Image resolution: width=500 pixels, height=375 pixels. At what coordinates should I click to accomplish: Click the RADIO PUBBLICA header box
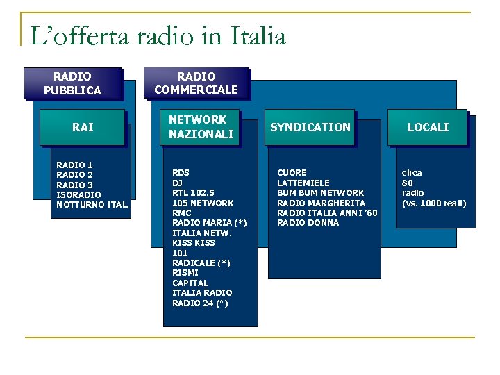coord(72,83)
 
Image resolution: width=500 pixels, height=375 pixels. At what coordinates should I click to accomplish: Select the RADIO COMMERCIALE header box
coord(196,83)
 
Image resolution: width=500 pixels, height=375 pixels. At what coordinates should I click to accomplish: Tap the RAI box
coord(83,127)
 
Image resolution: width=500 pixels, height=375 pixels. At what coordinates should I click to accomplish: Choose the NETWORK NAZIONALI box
coord(201,127)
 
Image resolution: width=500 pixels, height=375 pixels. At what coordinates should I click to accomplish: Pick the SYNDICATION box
coord(310,127)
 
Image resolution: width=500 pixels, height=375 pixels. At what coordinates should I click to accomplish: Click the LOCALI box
coord(428,127)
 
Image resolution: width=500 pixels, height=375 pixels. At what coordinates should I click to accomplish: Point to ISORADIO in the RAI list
coord(78,194)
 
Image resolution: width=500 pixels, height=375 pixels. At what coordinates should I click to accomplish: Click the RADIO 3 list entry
coord(74,185)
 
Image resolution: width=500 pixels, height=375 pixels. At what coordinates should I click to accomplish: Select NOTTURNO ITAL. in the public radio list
coord(92,205)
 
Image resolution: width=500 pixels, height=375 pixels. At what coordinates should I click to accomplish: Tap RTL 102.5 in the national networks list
coord(193,192)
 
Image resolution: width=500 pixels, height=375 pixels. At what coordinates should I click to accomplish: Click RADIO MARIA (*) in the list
coord(209,222)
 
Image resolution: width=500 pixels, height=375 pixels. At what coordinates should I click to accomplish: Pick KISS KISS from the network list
coord(193,242)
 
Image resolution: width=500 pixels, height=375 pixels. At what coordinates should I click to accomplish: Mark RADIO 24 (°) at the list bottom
coord(200,303)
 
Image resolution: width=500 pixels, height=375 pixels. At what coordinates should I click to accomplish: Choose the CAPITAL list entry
coord(190,283)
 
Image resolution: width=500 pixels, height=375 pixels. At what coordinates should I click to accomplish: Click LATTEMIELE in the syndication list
coord(303,183)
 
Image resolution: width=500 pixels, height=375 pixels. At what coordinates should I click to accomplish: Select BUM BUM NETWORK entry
coord(320,192)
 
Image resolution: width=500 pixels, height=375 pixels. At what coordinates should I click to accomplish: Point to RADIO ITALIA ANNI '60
coord(327,212)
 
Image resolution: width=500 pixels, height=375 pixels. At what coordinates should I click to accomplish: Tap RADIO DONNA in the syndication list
coord(308,222)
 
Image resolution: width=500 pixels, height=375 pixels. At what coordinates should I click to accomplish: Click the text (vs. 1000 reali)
coord(434,203)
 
